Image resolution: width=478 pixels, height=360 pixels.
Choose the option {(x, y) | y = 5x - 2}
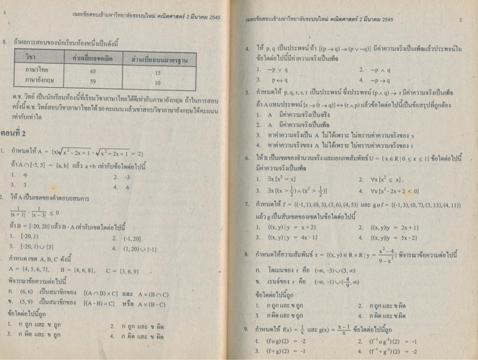coord(391,237)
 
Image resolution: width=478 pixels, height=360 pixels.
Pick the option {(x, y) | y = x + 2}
coord(284,227)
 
